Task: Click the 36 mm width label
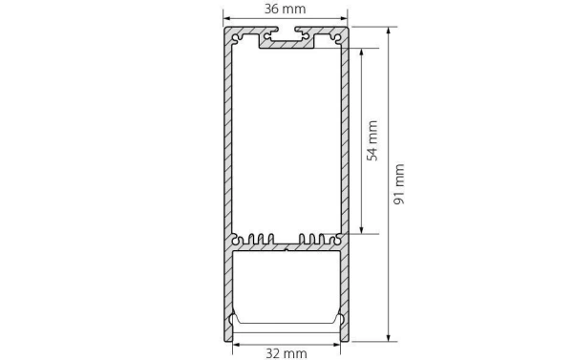click(x=286, y=9)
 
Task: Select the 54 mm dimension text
click(x=372, y=139)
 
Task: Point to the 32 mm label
click(x=286, y=352)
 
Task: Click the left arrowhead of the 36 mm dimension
click(x=227, y=19)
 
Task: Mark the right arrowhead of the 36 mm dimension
click(x=346, y=19)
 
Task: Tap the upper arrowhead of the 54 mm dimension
click(x=361, y=51)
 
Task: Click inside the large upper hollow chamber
click(x=286, y=143)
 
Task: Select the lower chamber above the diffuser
click(x=286, y=282)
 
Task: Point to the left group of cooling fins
click(x=257, y=238)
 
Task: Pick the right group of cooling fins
click(x=315, y=238)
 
